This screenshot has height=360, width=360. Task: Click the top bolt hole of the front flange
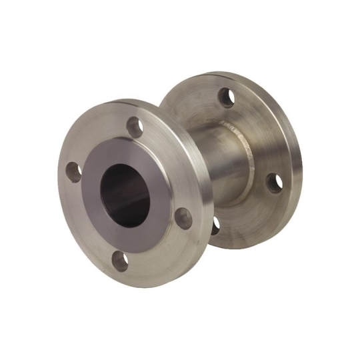pyautogui.click(x=136, y=126)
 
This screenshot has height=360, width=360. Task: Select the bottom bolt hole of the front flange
pyautogui.click(x=121, y=261)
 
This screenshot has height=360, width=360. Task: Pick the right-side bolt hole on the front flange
pyautogui.click(x=186, y=216)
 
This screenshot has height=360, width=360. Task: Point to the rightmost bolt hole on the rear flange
pyautogui.click(x=274, y=183)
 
